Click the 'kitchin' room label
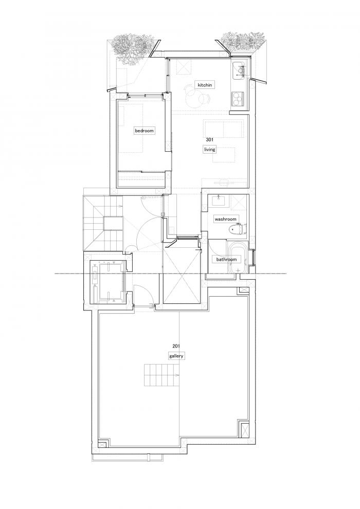204,85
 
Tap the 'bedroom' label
144,131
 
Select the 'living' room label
209,150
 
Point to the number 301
209,139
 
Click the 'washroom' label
225,219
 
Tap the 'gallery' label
176,356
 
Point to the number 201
176,346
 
